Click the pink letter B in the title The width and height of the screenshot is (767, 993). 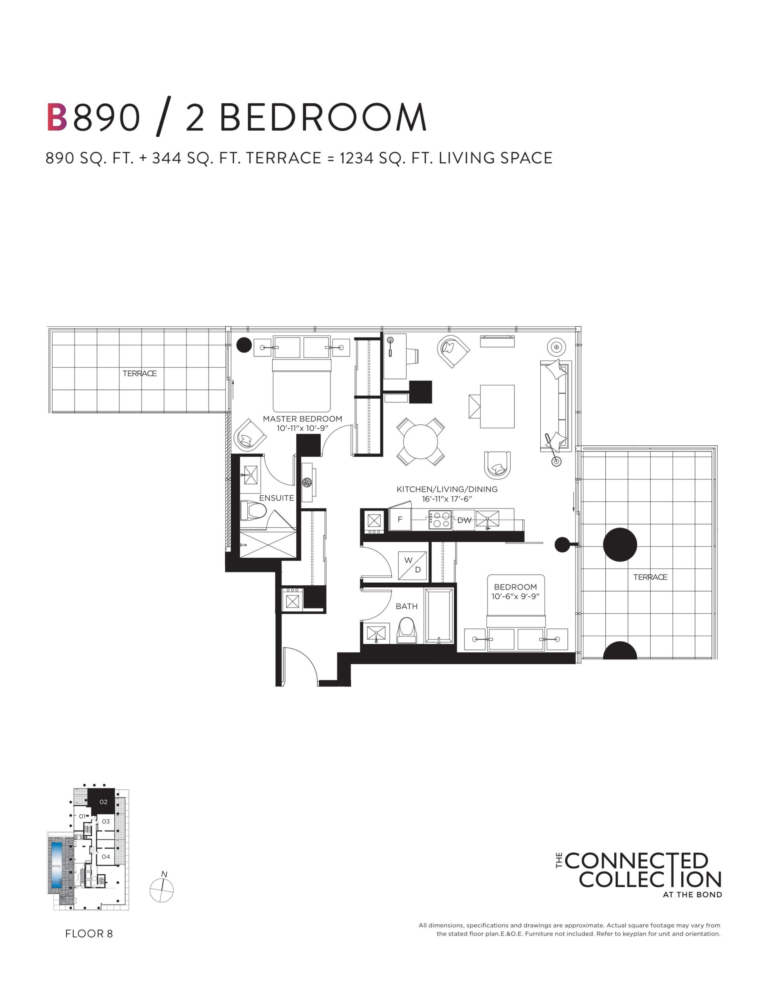pos(57,117)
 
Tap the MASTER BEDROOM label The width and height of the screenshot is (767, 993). pos(302,419)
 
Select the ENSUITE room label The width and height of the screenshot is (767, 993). pos(276,498)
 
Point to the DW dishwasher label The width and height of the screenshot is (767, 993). pos(464,520)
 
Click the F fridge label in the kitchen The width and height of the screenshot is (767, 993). pos(400,519)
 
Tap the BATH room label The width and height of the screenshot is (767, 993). pos(406,606)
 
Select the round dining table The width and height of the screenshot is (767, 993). pos(421,441)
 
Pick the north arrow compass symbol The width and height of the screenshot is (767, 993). pos(162,890)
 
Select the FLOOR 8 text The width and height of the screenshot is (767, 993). pos(89,933)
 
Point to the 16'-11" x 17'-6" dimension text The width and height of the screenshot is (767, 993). pos(447,499)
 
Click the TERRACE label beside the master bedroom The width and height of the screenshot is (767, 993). pos(140,373)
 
